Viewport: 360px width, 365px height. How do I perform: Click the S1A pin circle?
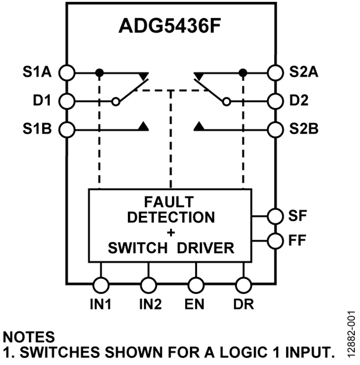coord(67,73)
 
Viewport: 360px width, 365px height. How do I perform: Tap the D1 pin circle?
coord(67,100)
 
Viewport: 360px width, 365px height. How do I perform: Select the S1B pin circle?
coord(67,129)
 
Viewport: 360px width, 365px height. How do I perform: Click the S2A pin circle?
coord(275,73)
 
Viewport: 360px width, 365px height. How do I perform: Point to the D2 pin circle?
coord(275,100)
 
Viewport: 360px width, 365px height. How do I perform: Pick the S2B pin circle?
coord(275,129)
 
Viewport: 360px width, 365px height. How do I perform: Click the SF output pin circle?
coord(275,216)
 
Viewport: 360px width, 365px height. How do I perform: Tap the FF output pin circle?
coord(275,241)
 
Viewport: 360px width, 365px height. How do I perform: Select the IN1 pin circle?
coord(100,285)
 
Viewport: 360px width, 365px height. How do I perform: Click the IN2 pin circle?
coord(148,285)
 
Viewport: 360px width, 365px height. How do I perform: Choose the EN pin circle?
coord(195,285)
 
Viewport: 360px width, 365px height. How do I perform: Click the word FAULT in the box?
coord(169,201)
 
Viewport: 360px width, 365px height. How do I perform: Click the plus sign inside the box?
coord(171,232)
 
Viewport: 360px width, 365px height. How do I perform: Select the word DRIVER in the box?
coord(206,248)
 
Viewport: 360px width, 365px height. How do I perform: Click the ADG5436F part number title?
coord(170,26)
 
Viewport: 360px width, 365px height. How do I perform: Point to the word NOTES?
coord(29,337)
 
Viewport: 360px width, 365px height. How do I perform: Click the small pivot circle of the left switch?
coord(116,102)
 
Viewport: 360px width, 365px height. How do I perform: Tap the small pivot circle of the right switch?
coord(227,102)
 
